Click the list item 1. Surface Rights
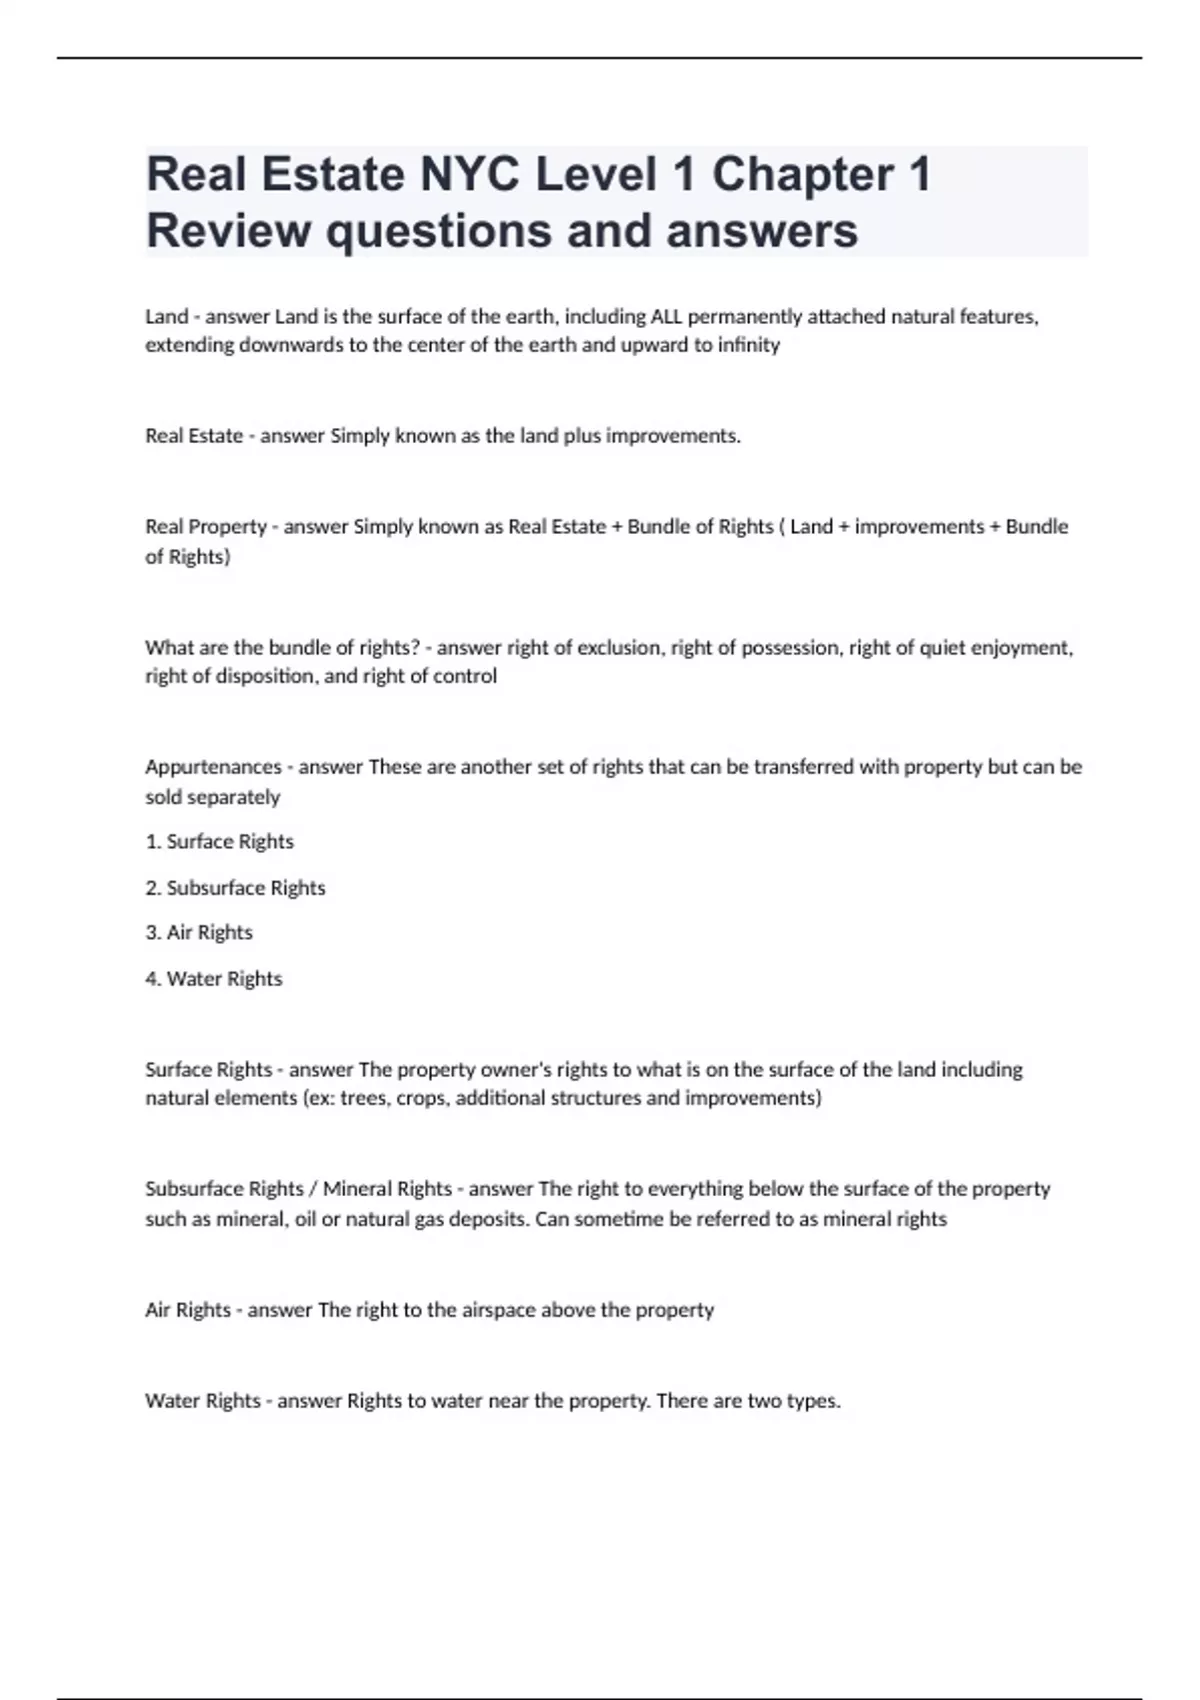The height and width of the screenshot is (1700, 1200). coord(220,842)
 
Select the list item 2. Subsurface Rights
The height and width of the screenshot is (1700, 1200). coord(236,888)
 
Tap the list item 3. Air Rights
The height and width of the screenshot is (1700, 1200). coord(199,933)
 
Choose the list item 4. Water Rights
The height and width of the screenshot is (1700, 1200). coord(214,979)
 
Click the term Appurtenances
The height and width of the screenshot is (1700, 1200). coord(213,767)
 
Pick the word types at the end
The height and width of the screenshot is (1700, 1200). coord(813,1401)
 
